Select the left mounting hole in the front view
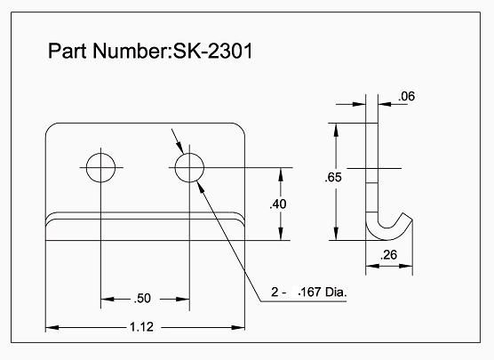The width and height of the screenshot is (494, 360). pyautogui.click(x=101, y=166)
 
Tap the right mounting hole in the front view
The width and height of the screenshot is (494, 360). pyautogui.click(x=189, y=166)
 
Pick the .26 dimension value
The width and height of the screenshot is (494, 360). pyautogui.click(x=387, y=256)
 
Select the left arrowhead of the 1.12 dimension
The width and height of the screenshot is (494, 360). pyautogui.click(x=51, y=327)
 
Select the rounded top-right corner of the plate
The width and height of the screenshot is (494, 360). pyautogui.click(x=239, y=128)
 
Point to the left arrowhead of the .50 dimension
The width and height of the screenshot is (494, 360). pyautogui.click(x=106, y=299)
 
